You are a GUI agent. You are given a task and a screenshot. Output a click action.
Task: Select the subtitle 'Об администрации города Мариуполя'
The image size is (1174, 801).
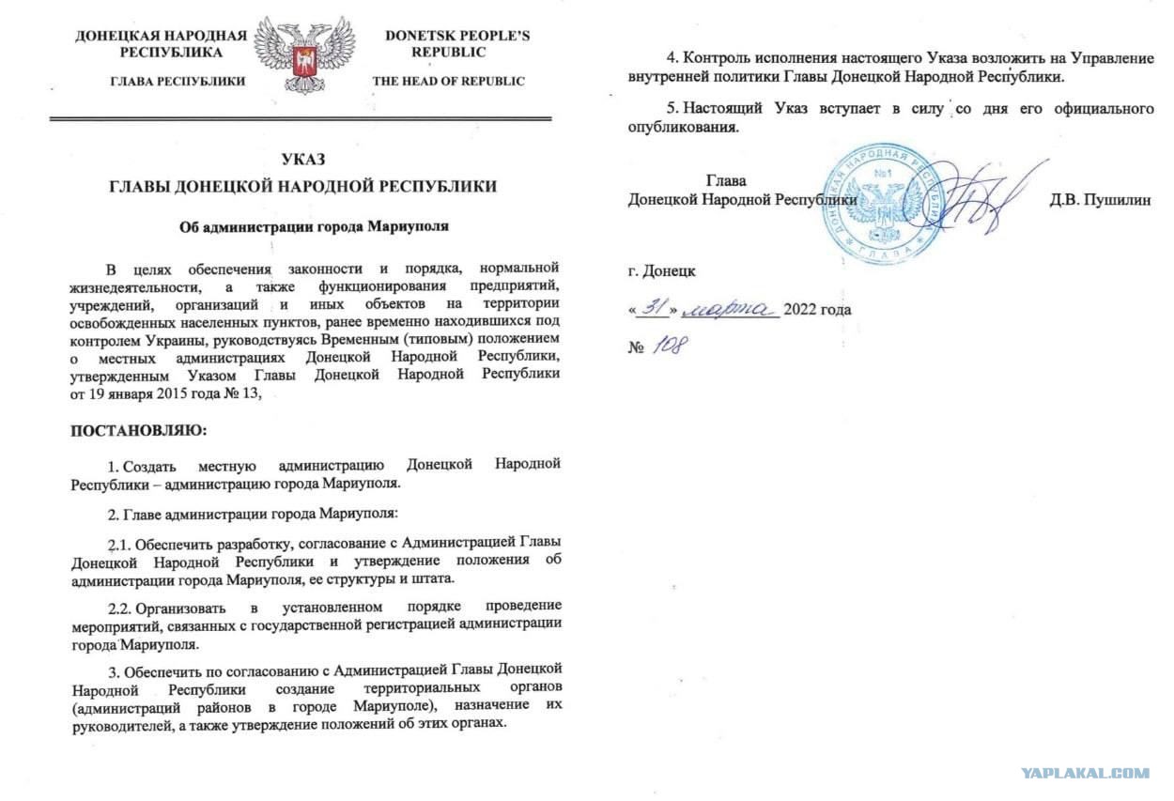[x=301, y=226]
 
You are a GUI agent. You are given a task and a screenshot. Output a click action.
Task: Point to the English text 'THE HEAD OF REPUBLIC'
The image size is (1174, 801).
[x=449, y=82]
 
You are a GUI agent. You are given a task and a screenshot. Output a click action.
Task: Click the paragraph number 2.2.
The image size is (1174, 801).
[x=122, y=604]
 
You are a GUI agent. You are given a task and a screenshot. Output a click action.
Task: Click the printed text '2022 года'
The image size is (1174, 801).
[x=820, y=309]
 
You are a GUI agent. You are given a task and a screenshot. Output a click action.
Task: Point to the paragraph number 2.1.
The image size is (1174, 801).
[x=121, y=543]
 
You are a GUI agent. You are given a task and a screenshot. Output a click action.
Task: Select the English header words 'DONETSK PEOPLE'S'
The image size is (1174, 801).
[x=457, y=37]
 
